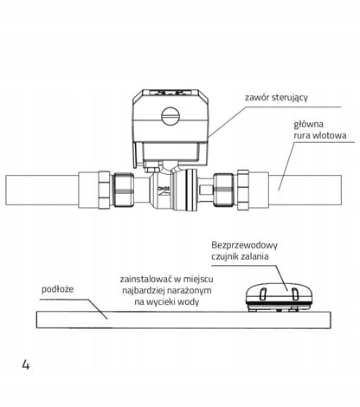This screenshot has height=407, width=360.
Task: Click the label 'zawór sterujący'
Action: coord(276,98)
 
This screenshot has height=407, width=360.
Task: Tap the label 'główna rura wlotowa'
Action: coord(319,130)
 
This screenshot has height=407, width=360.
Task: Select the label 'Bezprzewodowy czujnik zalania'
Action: coord(244,250)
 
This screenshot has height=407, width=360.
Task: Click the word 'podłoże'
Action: coord(58,289)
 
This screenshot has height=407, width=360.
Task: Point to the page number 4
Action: coord(26,365)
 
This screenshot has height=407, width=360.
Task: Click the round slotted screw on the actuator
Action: coord(170,116)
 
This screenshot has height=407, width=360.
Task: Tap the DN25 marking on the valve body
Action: coord(164,189)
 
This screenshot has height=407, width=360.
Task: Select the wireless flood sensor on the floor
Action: coord(279,298)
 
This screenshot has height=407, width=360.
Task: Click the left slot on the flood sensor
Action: coord(263,294)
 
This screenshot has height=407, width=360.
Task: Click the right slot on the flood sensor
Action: coord(294,294)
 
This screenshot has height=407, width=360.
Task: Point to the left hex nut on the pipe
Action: coord(104,190)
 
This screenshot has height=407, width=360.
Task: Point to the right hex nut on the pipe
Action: coord(243,190)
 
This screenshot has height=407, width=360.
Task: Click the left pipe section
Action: coord(42,190)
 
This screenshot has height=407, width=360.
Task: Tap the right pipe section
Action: coord(305,191)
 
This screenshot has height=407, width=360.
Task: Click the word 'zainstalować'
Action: coord(146,279)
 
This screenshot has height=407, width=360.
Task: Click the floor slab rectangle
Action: coord(183,320)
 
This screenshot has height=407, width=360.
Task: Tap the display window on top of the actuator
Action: coord(170,94)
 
